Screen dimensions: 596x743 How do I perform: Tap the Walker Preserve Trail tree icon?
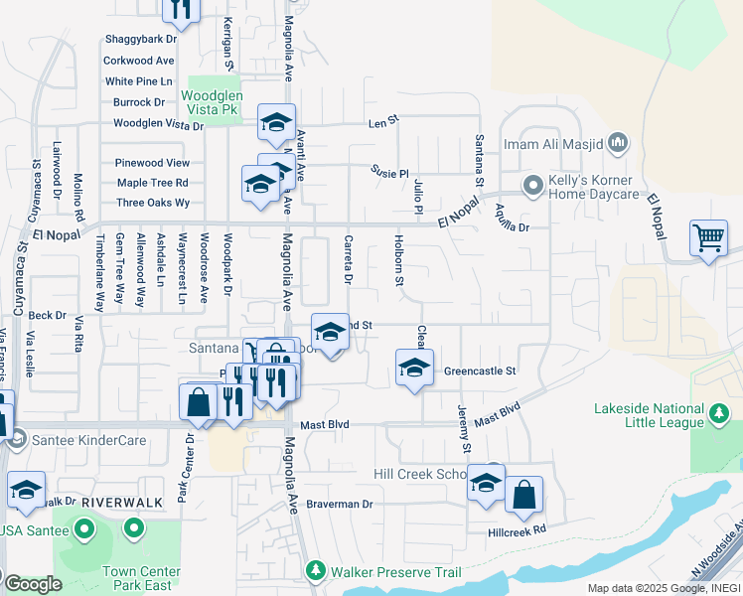[x=316, y=571]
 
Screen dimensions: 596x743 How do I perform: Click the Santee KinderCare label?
[x=88, y=440]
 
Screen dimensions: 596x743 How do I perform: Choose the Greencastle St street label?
[x=481, y=372]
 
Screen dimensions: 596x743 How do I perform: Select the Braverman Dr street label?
[x=339, y=505]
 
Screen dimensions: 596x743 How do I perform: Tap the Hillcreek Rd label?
[x=518, y=531]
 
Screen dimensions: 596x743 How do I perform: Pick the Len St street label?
[x=382, y=120]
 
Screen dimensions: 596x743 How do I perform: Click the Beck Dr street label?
[x=47, y=315]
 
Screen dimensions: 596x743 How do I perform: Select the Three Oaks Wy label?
[x=153, y=203]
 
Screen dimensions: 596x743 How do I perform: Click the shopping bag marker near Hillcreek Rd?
[x=523, y=494]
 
